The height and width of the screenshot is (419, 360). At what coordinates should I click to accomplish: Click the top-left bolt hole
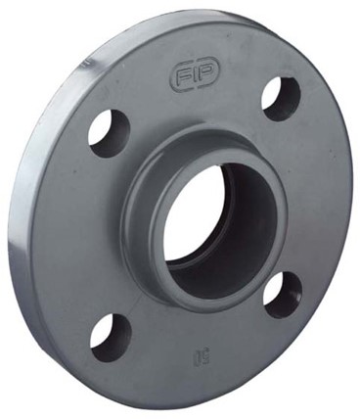[x=109, y=131]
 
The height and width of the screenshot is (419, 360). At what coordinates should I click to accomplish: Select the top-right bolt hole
[x=282, y=98]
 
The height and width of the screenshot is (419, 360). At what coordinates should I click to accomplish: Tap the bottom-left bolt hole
[x=111, y=336]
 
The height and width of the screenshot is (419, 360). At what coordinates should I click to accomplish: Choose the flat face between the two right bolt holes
[x=308, y=196]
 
